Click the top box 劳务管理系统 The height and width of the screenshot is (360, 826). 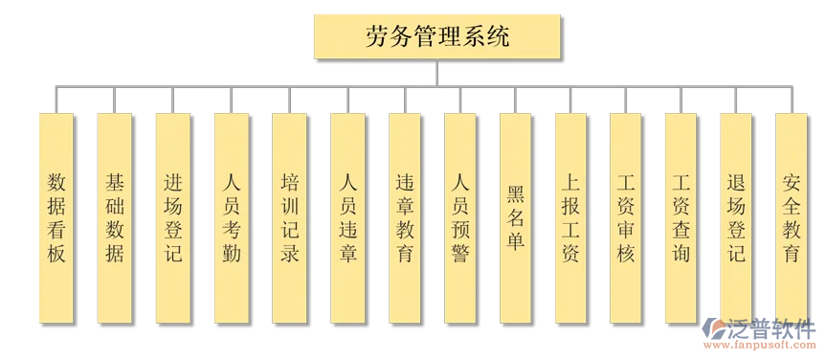click(437, 37)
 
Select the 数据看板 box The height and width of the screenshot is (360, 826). click(56, 217)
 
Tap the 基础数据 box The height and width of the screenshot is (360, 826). click(115, 217)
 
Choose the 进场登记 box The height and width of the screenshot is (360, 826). click(173, 217)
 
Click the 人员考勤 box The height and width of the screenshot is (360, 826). click(232, 217)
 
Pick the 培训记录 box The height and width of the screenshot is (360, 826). click(290, 217)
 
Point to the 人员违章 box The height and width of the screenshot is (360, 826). click(347, 217)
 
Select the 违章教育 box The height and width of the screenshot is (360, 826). click(405, 217)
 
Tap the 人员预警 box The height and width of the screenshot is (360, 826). click(461, 217)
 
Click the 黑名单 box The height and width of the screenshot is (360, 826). click(516, 217)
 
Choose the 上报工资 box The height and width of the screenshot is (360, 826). click(571, 217)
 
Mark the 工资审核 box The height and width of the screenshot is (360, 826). click(627, 217)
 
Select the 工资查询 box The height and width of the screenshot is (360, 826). click(682, 217)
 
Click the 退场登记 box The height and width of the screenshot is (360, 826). click(737, 217)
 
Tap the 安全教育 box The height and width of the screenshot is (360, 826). click(792, 217)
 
